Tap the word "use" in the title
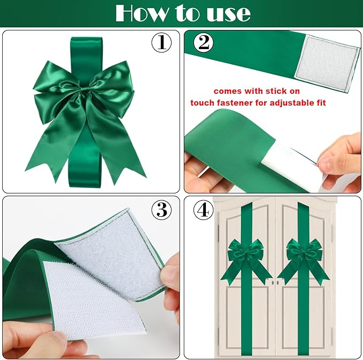227,13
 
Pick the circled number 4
202,210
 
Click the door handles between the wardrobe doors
275,281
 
